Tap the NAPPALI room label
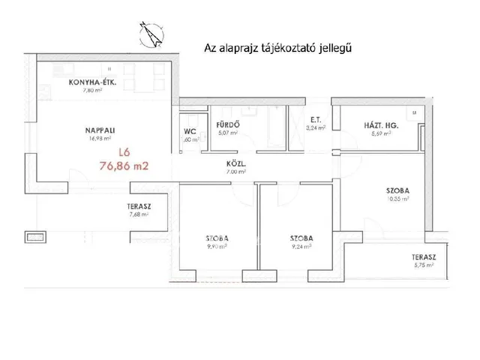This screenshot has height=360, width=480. coord(100,130)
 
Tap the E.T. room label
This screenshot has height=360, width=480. coord(316,119)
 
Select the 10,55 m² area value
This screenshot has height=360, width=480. coord(397,199)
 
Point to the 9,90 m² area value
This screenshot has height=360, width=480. coord(216,245)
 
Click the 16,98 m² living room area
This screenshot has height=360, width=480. coord(99,138)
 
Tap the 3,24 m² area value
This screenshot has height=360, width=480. coord(316,127)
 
